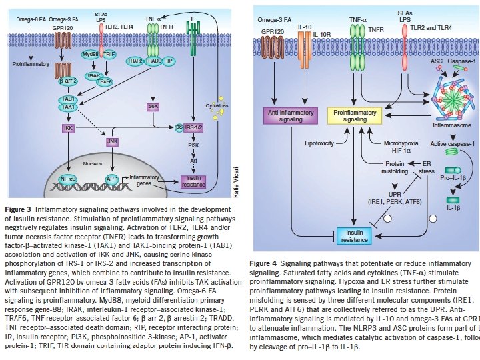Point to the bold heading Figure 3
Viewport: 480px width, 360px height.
coord(21,208)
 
